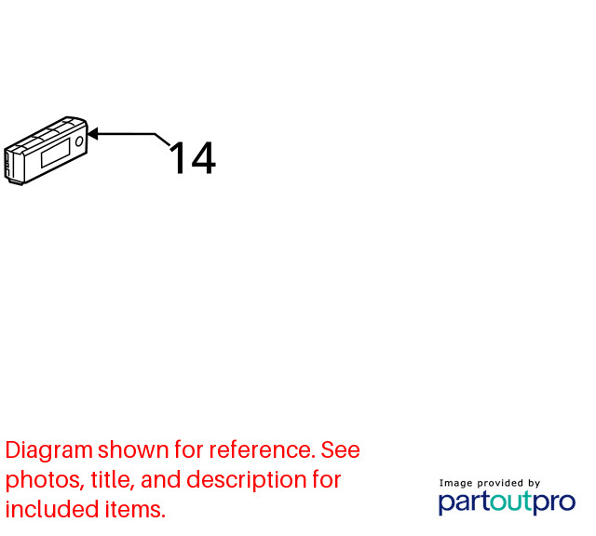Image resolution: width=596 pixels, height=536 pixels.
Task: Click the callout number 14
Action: pyautogui.click(x=193, y=158)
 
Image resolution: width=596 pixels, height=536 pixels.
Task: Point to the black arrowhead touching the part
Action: pyautogui.click(x=93, y=134)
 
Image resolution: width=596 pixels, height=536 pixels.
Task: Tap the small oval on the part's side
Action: pyautogui.click(x=79, y=141)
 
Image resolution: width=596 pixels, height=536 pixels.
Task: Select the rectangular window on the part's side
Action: pyautogui.click(x=56, y=153)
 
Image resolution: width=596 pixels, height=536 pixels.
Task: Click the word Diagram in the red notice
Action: pyautogui.click(x=49, y=450)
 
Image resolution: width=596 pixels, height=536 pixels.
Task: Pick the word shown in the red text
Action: pyautogui.click(x=133, y=449)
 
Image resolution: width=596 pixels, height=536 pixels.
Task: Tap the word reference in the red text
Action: pyautogui.click(x=263, y=450)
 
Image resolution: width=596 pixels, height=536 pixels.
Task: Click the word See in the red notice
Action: pyautogui.click(x=340, y=450)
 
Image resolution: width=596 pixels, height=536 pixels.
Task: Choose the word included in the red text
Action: pyautogui.click(x=52, y=509)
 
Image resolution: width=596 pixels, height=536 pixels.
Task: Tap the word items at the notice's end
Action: pyautogui.click(x=135, y=509)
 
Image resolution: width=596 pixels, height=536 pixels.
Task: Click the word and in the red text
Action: pyautogui.click(x=161, y=479)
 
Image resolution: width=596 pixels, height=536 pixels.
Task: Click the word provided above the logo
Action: pyautogui.click(x=500, y=484)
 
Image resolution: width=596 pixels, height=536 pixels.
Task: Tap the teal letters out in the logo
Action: pyautogui.click(x=510, y=502)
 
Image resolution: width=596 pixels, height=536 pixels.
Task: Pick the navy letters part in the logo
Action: pyautogui.click(x=464, y=502)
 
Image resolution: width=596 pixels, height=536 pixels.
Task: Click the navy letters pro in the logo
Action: pyautogui.click(x=554, y=503)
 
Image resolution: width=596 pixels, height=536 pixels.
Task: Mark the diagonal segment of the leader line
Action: pyautogui.click(x=162, y=140)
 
